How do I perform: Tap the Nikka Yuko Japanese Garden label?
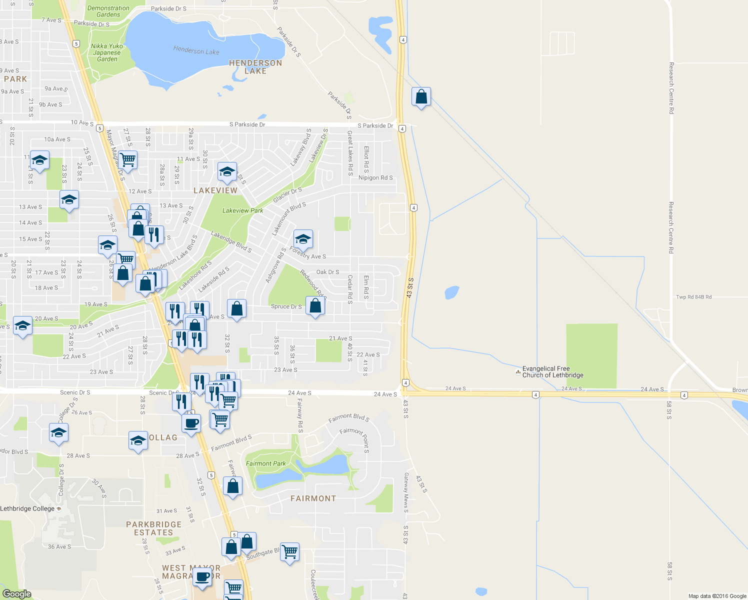coord(107,52)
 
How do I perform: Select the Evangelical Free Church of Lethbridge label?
coord(552,372)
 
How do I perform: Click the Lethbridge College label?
coord(27,508)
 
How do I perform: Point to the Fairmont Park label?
coord(265,463)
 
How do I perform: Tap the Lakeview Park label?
coord(242,210)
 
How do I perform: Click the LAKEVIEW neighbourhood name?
coord(215,190)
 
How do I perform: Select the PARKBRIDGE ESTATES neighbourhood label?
coord(153,528)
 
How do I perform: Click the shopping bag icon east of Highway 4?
coord(421,96)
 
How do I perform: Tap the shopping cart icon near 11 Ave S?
coord(128,160)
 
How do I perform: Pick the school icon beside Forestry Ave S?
coord(303,239)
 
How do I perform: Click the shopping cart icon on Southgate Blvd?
coord(290,552)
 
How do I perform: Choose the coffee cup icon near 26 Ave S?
coord(191,423)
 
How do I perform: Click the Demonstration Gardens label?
coord(108,11)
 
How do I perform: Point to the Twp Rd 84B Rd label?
coord(693,297)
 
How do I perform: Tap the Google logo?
coord(17,593)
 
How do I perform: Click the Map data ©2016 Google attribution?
coord(717,596)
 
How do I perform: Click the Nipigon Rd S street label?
coord(375,177)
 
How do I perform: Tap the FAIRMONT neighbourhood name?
coord(313,498)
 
